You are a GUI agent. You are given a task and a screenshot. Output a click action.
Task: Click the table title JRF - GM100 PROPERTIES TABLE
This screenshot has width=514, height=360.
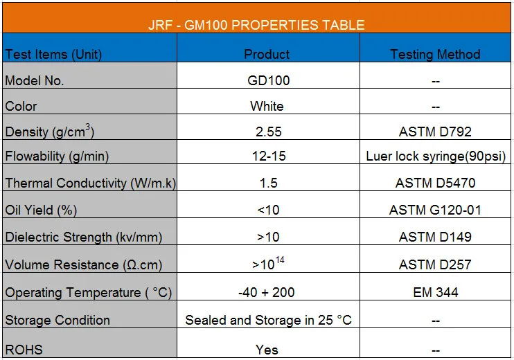click(x=256, y=25)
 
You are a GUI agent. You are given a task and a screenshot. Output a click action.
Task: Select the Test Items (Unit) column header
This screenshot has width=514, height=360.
click(x=53, y=55)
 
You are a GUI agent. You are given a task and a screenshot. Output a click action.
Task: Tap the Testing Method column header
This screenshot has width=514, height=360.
click(x=435, y=54)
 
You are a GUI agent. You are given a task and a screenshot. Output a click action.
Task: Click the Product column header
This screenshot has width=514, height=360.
click(x=267, y=54)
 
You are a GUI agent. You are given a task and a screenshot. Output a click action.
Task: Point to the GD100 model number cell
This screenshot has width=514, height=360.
click(x=269, y=80)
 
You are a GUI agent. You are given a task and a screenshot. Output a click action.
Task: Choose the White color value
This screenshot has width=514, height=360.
click(x=267, y=106)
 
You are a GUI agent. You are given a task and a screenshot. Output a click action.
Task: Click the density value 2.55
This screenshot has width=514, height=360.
click(x=269, y=132)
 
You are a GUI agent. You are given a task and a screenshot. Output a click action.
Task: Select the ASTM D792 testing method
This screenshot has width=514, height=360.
click(x=435, y=132)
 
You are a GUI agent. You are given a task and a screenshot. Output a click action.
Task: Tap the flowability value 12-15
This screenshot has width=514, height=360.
click(x=269, y=156)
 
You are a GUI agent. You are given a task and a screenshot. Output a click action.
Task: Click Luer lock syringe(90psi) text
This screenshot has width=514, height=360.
click(x=436, y=156)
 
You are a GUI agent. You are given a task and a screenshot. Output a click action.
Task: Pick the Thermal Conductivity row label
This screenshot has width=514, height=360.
click(x=91, y=183)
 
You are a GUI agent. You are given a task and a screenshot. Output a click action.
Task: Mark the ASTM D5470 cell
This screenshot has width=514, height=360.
click(x=435, y=183)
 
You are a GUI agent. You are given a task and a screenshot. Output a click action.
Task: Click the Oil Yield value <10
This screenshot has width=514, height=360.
click(x=268, y=210)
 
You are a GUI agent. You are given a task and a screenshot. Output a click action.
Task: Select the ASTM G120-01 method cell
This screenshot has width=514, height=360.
click(x=435, y=210)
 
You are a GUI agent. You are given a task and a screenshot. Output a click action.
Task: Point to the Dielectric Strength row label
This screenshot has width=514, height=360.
click(x=84, y=237)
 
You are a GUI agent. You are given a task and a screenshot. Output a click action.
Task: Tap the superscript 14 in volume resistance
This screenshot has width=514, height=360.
click(x=280, y=260)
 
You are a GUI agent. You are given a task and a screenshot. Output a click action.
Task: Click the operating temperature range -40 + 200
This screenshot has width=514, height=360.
click(x=267, y=292)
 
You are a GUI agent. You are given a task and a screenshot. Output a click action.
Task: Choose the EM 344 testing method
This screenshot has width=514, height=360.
click(x=435, y=292)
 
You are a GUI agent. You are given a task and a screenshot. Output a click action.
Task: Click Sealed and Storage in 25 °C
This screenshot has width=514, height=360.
click(x=268, y=320)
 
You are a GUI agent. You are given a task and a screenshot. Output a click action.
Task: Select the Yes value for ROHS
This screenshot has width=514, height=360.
click(x=267, y=350)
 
